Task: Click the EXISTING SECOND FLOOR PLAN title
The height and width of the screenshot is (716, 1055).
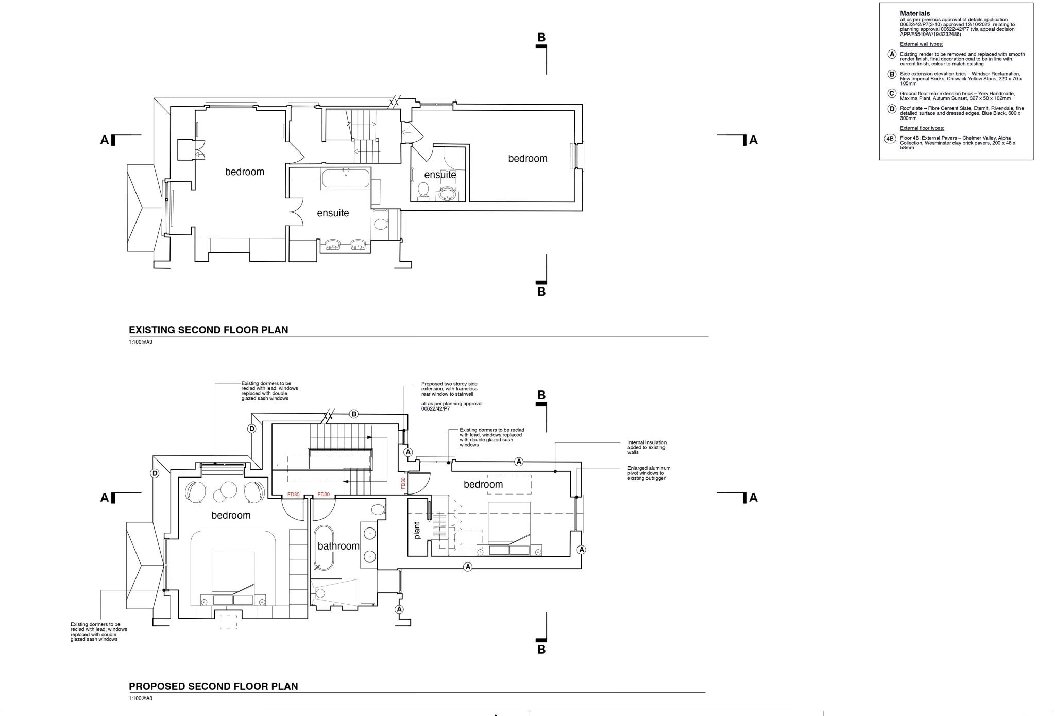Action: pos(208,330)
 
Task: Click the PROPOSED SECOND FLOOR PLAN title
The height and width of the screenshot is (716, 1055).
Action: pos(213,686)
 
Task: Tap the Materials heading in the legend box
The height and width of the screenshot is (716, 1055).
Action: pos(915,13)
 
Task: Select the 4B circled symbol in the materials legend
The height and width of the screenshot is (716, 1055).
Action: pos(890,139)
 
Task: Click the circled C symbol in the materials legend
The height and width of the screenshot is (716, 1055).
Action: pos(892,94)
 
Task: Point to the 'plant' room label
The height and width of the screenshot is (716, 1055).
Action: pos(417,530)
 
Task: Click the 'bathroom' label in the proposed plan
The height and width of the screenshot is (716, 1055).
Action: pos(338,546)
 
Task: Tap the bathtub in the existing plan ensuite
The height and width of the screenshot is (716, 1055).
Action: pos(345,179)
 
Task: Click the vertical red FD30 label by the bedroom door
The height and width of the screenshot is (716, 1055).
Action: pos(403,483)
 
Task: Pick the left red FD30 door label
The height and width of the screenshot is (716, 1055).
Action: pos(293,495)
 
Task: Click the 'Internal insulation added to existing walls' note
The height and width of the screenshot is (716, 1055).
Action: pos(646,447)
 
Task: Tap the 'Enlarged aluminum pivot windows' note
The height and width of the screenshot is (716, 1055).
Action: pos(649,473)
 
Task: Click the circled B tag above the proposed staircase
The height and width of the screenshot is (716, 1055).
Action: pos(354,414)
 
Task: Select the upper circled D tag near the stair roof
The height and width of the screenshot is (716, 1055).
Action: pos(251,429)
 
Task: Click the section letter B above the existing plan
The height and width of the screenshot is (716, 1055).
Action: pos(541,37)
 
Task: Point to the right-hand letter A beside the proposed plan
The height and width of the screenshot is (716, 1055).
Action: pos(753,498)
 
